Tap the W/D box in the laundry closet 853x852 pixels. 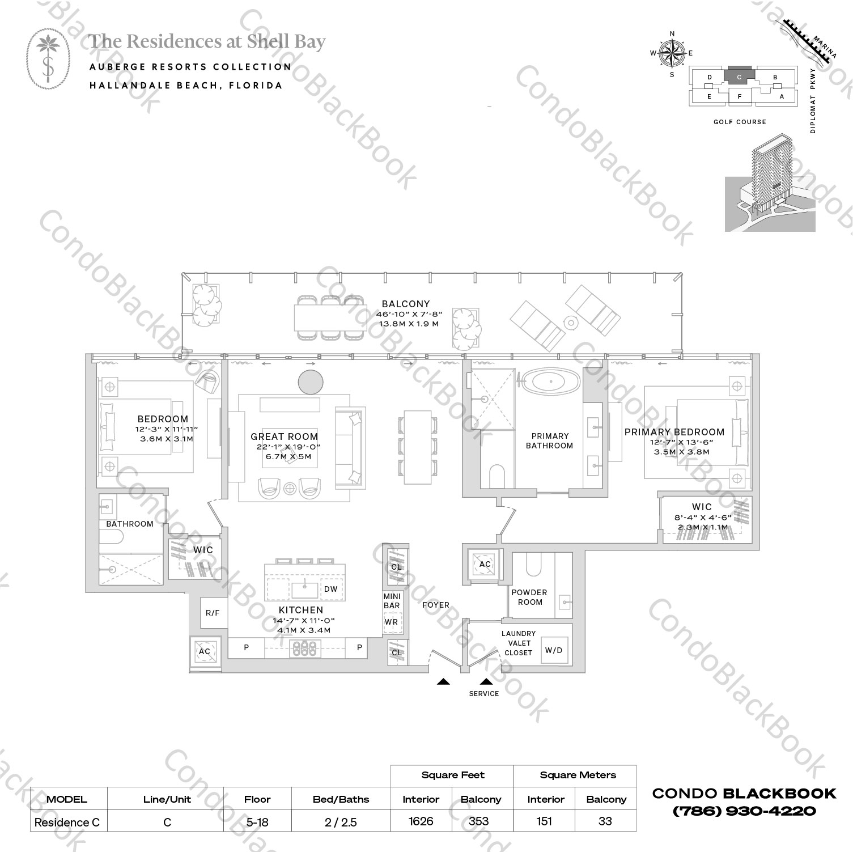pos(554,650)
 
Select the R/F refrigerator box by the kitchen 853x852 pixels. pos(213,613)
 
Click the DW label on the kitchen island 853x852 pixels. pos(331,589)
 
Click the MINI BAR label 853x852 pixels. pos(392,601)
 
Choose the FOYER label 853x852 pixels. pos(435,605)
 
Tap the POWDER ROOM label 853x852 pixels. pos(529,597)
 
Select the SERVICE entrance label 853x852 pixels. pos(484,693)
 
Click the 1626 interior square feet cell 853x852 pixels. pos(421,821)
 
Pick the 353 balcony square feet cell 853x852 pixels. pos(481,821)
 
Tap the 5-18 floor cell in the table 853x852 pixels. pos(257,822)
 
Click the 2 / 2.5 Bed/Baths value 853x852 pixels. pos(341,822)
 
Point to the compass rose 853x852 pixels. pos(672,54)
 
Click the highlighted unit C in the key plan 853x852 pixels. pos(739,77)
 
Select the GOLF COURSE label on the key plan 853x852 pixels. pos(740,122)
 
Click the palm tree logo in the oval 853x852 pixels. pos(49,59)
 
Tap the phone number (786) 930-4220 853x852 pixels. pos(744,811)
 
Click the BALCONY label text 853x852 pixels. pos(405,304)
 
